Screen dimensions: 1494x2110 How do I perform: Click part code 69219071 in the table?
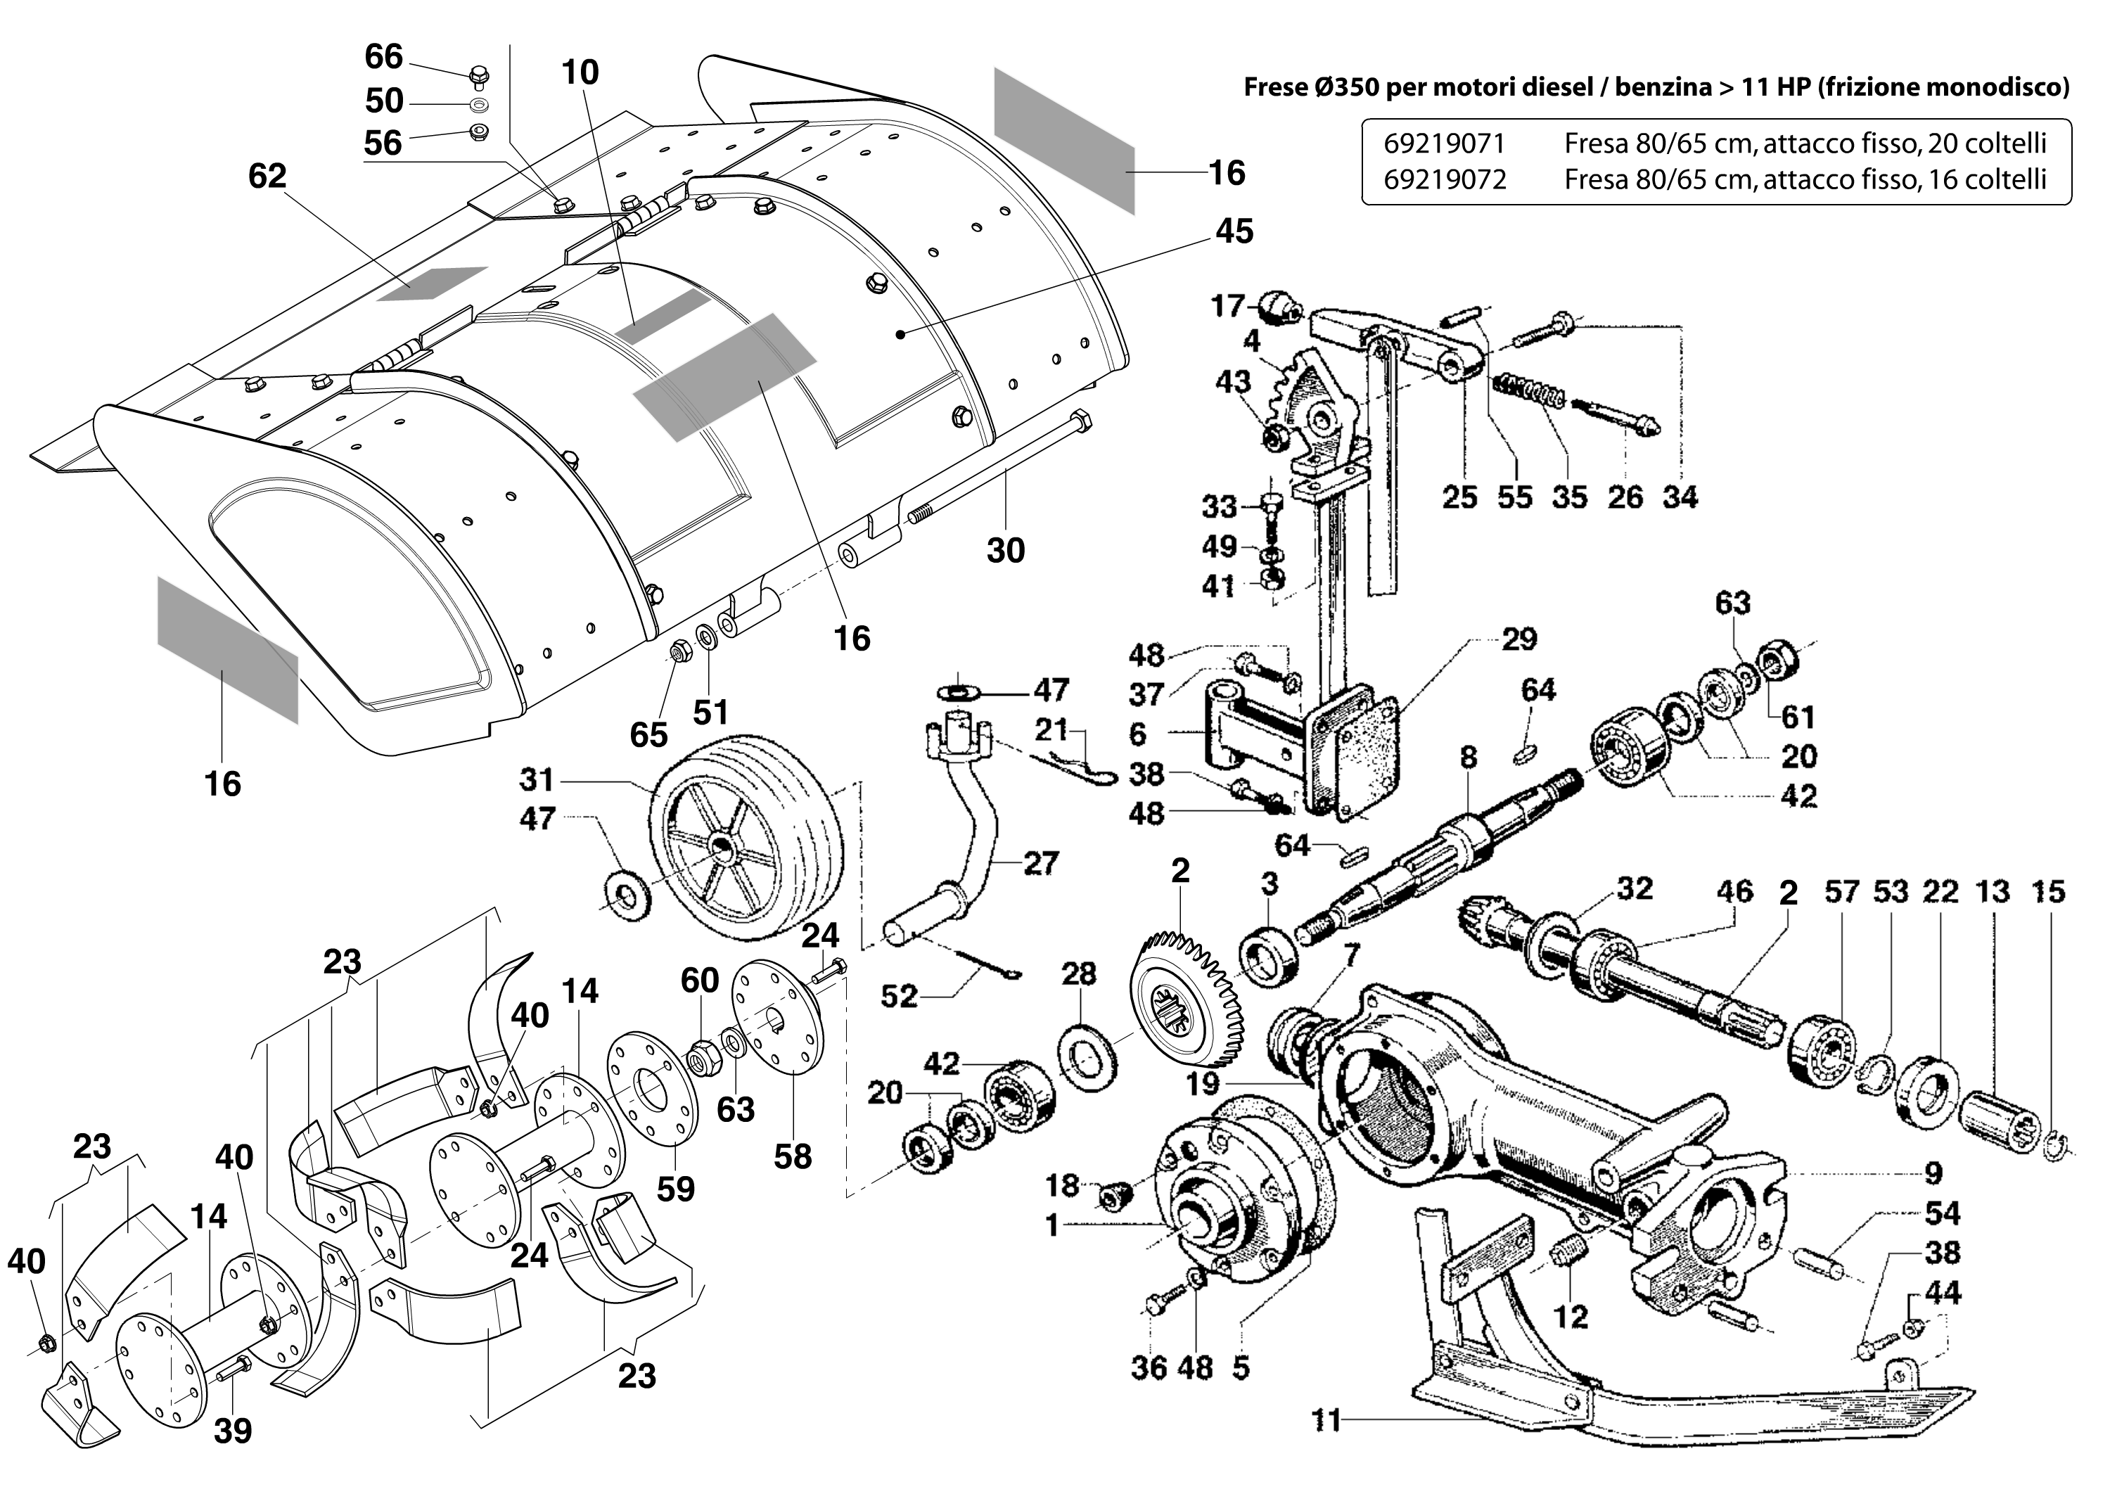click(x=1444, y=143)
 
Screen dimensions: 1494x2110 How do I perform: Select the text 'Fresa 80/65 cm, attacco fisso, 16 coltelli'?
click(x=1805, y=179)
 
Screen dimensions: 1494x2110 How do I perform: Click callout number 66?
click(x=383, y=57)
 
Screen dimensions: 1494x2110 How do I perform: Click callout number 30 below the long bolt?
click(x=1005, y=550)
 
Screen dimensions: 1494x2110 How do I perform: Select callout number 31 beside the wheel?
click(x=537, y=780)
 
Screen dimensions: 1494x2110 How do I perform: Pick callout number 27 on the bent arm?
click(x=1040, y=863)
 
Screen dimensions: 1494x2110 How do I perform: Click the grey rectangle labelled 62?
click(x=433, y=284)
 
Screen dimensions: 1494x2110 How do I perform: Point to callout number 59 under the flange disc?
click(x=675, y=1189)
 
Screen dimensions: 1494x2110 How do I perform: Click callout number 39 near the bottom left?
click(x=232, y=1431)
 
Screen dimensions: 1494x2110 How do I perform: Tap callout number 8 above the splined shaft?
click(x=1468, y=757)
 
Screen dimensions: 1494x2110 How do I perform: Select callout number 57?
click(x=1842, y=891)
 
